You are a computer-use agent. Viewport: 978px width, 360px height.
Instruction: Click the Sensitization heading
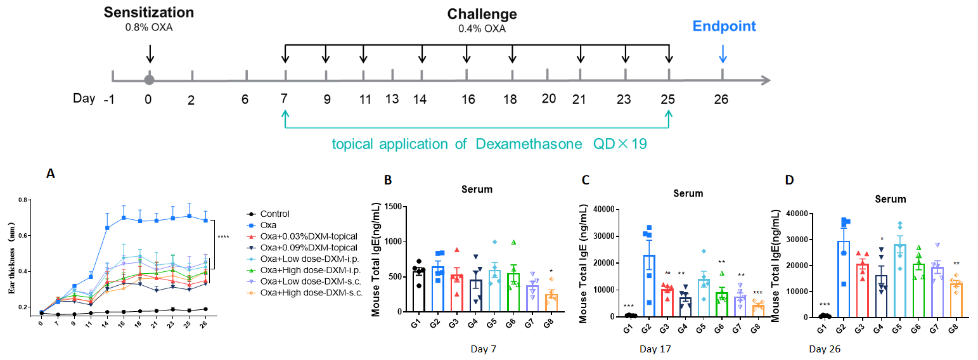(149, 12)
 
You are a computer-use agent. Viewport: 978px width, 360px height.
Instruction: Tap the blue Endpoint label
(724, 26)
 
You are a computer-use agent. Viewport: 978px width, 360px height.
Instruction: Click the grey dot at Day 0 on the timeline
(149, 80)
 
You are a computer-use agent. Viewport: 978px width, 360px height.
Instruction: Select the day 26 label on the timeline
(722, 100)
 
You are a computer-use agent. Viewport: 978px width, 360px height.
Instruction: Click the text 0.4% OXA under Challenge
(482, 29)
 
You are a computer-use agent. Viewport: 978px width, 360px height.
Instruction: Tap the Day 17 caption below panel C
(655, 349)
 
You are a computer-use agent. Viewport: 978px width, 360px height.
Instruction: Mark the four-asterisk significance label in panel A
(222, 238)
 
